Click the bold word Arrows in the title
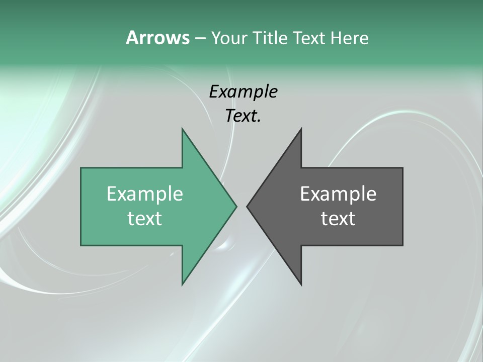click(x=157, y=38)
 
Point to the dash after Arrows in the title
click(x=199, y=38)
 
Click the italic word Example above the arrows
click(x=243, y=92)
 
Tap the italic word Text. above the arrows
click(x=243, y=116)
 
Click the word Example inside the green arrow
click(x=145, y=194)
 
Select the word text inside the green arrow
click(x=145, y=219)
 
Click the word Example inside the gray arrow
click(x=338, y=194)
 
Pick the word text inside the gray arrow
click(x=338, y=219)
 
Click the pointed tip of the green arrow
click(x=236, y=206)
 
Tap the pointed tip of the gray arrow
click(x=247, y=206)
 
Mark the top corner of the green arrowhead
click(x=183, y=129)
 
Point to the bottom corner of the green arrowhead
click(x=183, y=284)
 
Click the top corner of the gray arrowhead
click(x=301, y=129)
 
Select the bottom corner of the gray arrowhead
click(x=301, y=284)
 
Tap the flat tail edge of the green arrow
click(x=82, y=206)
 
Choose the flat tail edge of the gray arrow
click(x=403, y=206)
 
